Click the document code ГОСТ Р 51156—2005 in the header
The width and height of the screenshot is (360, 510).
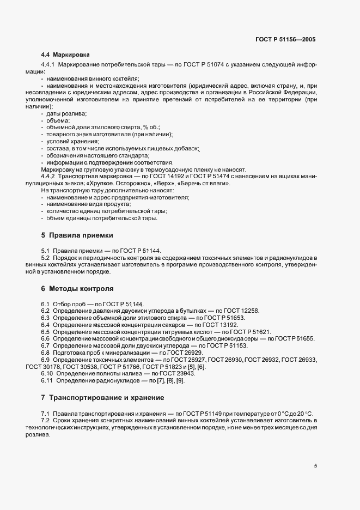(285, 40)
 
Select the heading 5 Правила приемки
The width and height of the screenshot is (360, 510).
(77, 235)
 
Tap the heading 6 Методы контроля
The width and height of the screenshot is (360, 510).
(77, 288)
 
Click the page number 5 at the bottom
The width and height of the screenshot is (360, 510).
(315, 466)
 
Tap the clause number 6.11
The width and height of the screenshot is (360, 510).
(47, 380)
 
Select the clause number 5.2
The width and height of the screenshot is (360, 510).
(46, 257)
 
